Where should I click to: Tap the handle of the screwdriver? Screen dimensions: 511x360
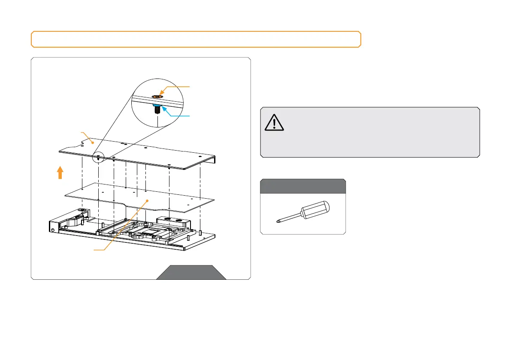click(x=315, y=209)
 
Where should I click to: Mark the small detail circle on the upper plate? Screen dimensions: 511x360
click(x=99, y=157)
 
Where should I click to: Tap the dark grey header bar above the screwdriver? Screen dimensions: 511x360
click(x=303, y=186)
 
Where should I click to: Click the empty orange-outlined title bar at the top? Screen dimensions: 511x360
click(x=196, y=39)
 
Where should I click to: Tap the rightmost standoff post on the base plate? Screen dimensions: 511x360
click(x=200, y=233)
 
